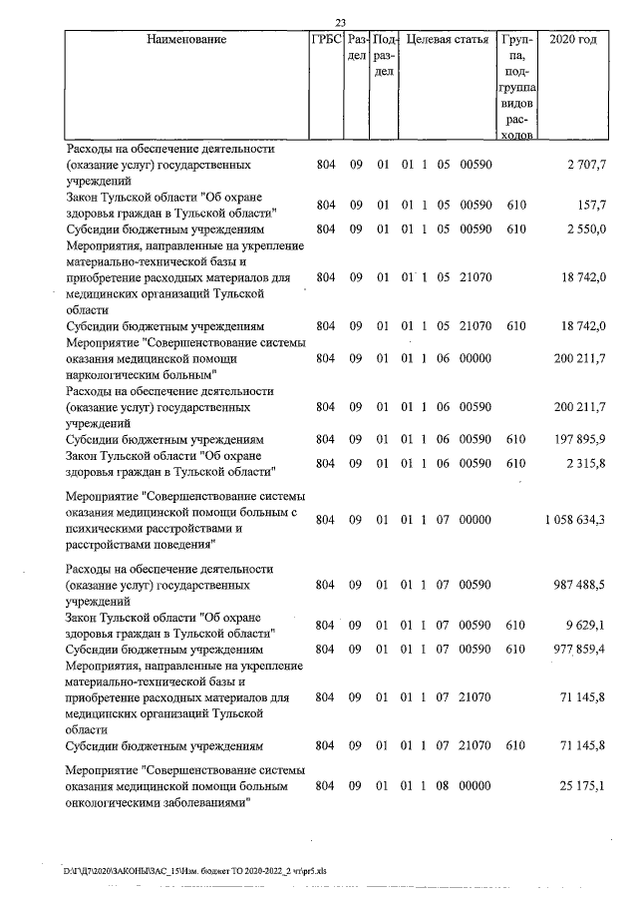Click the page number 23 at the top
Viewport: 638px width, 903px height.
(x=340, y=22)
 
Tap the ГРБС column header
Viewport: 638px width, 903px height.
(x=328, y=40)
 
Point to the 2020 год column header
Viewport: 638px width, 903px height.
(x=579, y=40)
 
